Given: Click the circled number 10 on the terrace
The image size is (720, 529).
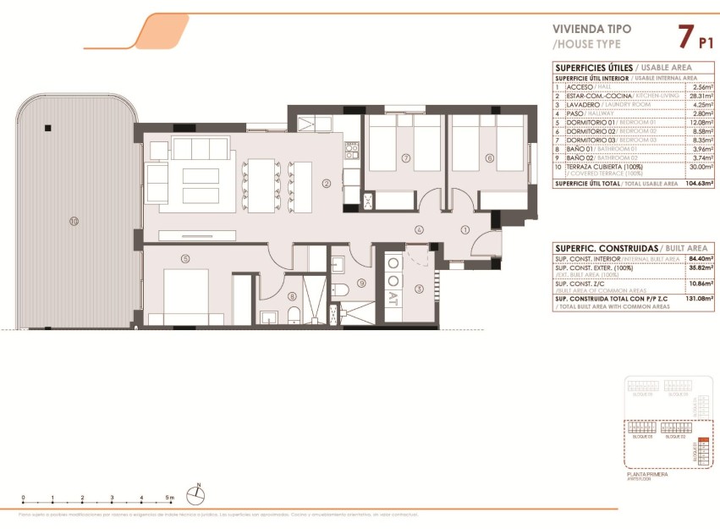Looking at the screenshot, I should click(74, 222).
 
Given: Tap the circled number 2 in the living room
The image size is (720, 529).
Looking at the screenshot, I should click(326, 182).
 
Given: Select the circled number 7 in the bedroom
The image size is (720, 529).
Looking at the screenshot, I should click(406, 158).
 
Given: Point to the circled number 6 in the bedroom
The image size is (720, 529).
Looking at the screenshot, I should click(489, 158).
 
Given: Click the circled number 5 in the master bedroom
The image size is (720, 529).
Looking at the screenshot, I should click(185, 259).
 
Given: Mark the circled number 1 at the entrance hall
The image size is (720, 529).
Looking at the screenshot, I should click(464, 229).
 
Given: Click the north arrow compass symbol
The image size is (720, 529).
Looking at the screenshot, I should click(196, 490).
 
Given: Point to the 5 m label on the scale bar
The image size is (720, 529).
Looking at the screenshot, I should click(171, 498).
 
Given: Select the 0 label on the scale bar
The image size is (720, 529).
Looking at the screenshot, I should click(24, 498).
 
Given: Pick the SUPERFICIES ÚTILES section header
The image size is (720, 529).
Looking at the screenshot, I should click(594, 67).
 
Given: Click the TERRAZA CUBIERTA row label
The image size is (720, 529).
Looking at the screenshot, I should click(603, 167).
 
